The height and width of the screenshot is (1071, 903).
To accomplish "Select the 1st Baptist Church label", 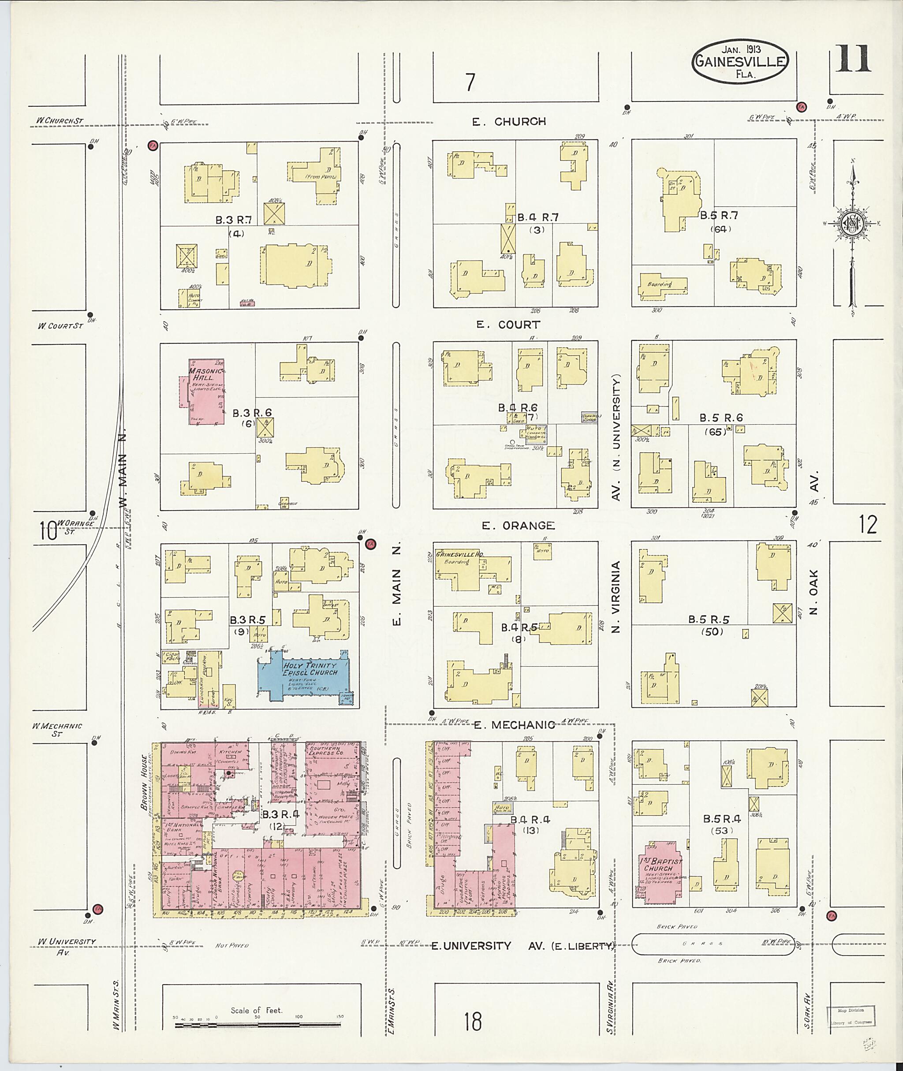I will click(659, 865).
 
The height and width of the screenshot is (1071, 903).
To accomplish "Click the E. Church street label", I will click(509, 122).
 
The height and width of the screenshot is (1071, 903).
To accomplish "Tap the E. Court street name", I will click(508, 325).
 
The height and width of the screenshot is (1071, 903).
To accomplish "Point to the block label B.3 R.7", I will click(233, 220).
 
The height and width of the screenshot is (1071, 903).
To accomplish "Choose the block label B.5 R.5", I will click(709, 619).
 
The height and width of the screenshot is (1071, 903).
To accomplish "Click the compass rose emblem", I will click(852, 225).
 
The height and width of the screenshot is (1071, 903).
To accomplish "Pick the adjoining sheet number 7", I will click(470, 82).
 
